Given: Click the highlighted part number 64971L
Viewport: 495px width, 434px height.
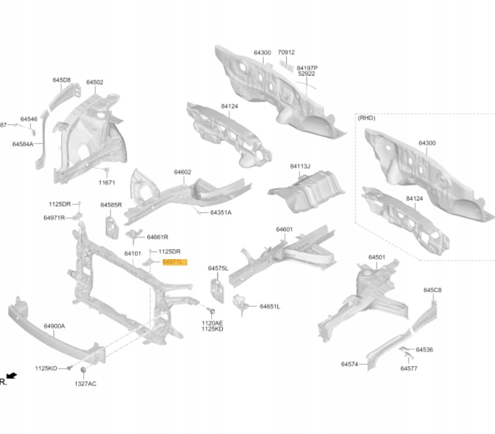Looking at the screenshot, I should pyautogui.click(x=173, y=262).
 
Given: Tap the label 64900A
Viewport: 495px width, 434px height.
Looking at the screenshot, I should pyautogui.click(x=55, y=326).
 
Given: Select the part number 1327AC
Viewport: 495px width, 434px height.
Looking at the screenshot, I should pyautogui.click(x=86, y=384).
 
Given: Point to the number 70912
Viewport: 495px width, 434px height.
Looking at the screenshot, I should pyautogui.click(x=286, y=52).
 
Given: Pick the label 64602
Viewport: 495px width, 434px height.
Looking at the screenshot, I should pyautogui.click(x=182, y=172).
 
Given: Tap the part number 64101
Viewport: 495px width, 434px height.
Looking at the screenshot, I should pyautogui.click(x=133, y=253).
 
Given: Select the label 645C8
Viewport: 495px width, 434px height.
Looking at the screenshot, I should pyautogui.click(x=432, y=289).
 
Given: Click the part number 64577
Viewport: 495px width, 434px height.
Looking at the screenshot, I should pyautogui.click(x=409, y=368).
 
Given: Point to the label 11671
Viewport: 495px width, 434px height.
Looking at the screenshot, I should pyautogui.click(x=106, y=182).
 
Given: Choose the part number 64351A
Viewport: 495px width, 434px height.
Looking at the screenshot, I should pyautogui.click(x=220, y=213).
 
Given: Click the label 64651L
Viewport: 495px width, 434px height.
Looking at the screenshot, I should pyautogui.click(x=270, y=306).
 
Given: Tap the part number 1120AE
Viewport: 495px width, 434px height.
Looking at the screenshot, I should pyautogui.click(x=212, y=322).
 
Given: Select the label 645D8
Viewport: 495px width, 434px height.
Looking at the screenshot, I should pyautogui.click(x=62, y=80).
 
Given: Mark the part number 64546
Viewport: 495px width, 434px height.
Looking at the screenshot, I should pyautogui.click(x=29, y=119).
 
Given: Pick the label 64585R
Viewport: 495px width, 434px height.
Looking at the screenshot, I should pyautogui.click(x=111, y=205).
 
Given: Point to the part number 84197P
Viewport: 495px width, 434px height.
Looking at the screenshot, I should pyautogui.click(x=307, y=67).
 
